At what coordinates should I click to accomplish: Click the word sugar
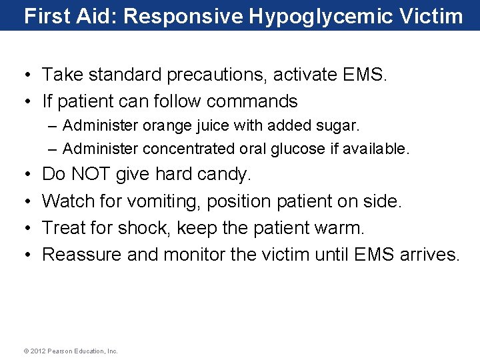click(x=340, y=125)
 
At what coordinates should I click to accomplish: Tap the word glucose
click(x=299, y=149)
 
